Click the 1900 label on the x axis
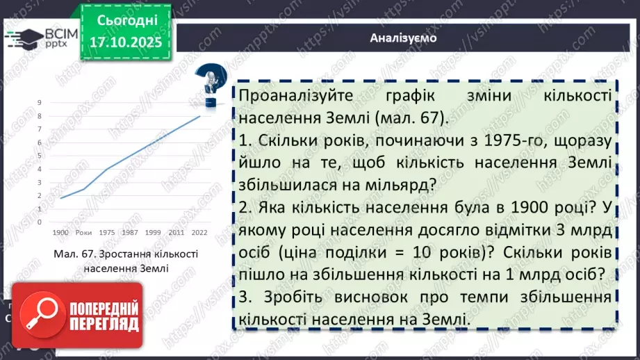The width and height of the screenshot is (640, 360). (x=61, y=231)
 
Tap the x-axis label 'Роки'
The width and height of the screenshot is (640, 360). (x=83, y=231)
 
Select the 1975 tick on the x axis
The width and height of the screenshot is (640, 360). (x=107, y=231)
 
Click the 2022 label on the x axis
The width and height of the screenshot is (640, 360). (x=199, y=231)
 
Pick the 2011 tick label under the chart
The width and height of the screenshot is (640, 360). (x=177, y=231)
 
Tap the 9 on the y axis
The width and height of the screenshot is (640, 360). (x=40, y=102)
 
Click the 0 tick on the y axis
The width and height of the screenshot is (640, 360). (x=40, y=222)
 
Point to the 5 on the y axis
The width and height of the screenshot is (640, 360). (x=40, y=156)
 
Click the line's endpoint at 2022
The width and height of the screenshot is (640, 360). (x=200, y=115)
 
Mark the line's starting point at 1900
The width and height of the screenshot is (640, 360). (x=61, y=198)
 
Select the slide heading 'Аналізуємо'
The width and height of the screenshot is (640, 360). (x=403, y=38)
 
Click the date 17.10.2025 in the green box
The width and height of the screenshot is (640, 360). (x=125, y=41)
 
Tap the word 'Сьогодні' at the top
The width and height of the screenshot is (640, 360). (x=125, y=18)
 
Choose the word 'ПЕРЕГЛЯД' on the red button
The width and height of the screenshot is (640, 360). (x=102, y=324)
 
